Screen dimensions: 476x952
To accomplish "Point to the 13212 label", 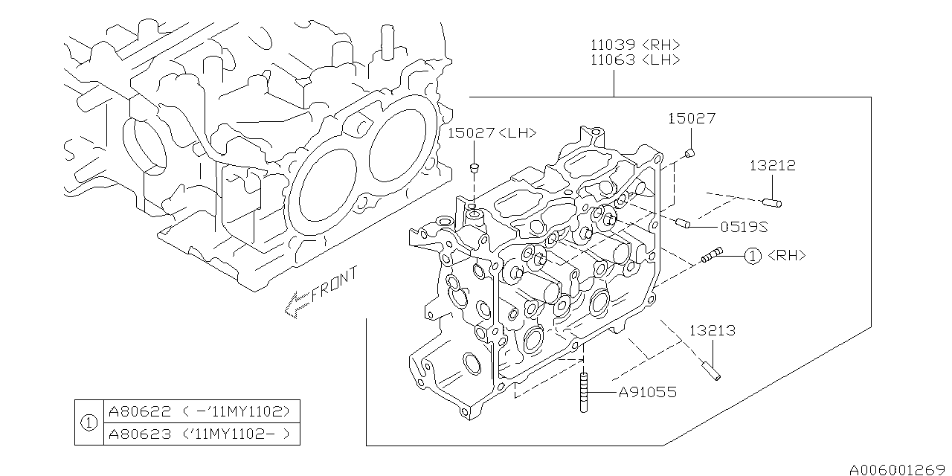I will pos(772,166).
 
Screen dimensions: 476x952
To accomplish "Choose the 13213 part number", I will pos(712,330).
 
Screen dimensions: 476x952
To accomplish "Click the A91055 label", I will pos(648,392).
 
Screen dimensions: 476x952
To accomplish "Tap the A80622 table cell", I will pos(201,411).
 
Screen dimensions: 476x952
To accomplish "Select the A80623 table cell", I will pos(201,434).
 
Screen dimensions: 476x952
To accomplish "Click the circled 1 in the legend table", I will pos(89,422).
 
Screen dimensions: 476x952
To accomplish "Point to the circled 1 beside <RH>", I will pos(753,256).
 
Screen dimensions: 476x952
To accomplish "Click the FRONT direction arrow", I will pos(297,304).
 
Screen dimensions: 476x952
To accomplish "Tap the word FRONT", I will pos(335,283).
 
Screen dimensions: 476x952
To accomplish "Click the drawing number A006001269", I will pos(897,469).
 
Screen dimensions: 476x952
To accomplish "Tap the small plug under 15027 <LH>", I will pos(474,167).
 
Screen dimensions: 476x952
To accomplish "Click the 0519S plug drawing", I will pos(683,222).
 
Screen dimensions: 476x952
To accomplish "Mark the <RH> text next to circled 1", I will pos(787,256).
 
